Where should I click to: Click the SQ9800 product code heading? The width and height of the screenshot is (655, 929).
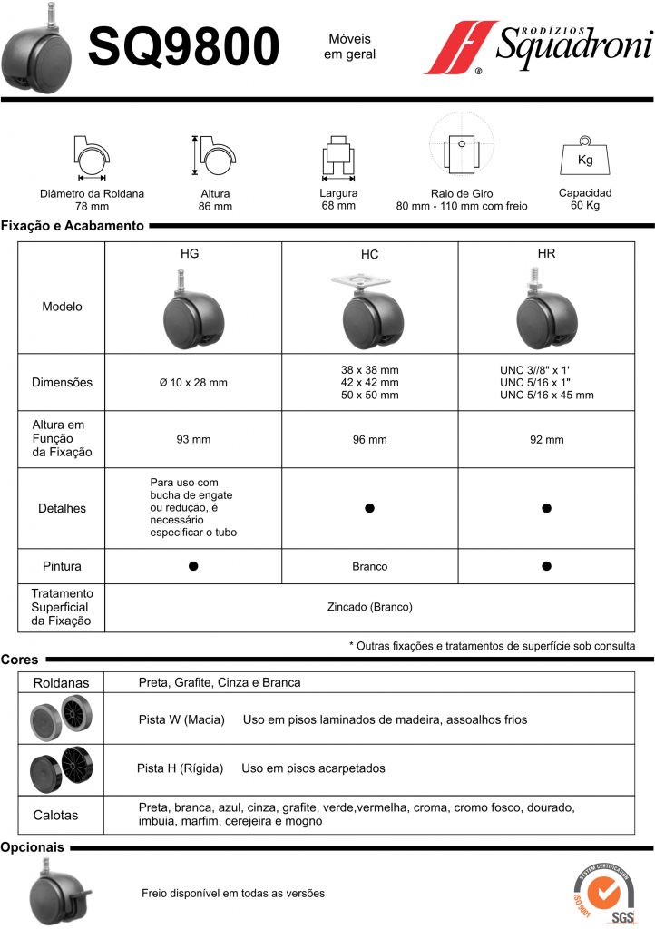coord(182,47)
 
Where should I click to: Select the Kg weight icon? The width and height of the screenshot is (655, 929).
coord(585,160)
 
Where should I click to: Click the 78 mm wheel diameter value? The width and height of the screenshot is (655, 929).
coord(92,206)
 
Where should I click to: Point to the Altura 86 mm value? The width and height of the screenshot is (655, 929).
coord(215,206)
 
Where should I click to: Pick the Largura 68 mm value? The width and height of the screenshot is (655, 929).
coord(338,205)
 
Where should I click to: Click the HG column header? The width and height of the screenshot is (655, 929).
coord(190,254)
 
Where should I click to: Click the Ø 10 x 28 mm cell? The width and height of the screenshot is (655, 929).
coord(193,382)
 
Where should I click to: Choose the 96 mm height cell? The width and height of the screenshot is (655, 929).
coord(369,439)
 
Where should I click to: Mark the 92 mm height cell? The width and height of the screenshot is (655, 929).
coord(547,439)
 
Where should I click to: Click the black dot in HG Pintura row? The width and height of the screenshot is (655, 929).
coord(193,566)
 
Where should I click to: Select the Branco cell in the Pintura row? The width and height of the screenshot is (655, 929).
coord(369,566)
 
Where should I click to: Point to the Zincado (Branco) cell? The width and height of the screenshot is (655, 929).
coord(369,607)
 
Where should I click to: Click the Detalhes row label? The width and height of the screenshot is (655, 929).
coord(63,508)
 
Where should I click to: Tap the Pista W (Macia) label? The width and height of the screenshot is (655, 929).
coord(181,719)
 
